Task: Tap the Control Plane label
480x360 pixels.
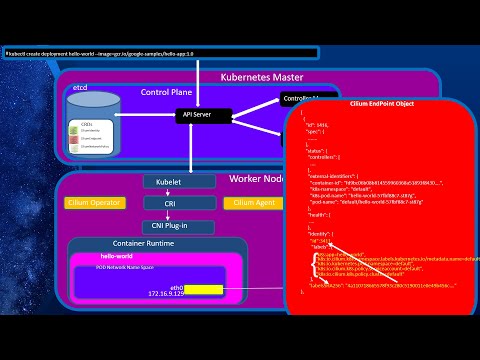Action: coord(165,91)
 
